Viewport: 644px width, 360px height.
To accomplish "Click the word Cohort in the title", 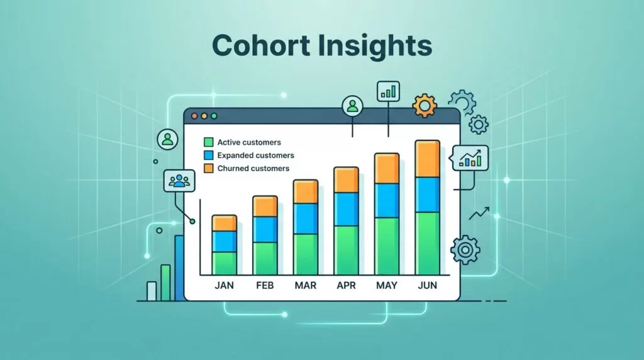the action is pyautogui.click(x=261, y=45).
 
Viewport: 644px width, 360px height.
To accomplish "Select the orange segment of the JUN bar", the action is pyautogui.click(x=427, y=159).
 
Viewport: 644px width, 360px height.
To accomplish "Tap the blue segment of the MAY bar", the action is pyautogui.click(x=387, y=201).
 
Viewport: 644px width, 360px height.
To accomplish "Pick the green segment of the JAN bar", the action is pyautogui.click(x=225, y=263).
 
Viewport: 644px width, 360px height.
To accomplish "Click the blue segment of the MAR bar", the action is pyautogui.click(x=305, y=218).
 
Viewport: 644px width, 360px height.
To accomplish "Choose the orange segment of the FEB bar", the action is pyautogui.click(x=265, y=206).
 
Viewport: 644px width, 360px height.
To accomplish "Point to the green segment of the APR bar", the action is pyautogui.click(x=346, y=250).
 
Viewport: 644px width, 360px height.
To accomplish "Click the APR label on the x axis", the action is pyautogui.click(x=346, y=285).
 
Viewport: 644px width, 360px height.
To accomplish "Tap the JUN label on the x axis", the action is pyautogui.click(x=427, y=285).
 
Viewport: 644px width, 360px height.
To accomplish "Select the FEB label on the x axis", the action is pyautogui.click(x=265, y=285).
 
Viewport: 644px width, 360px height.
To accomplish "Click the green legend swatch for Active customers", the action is pyautogui.click(x=209, y=142).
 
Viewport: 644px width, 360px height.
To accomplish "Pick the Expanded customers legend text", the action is pyautogui.click(x=255, y=155).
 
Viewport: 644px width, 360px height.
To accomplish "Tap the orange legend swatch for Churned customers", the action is pyautogui.click(x=209, y=168).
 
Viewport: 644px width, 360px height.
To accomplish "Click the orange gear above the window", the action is pyautogui.click(x=425, y=106).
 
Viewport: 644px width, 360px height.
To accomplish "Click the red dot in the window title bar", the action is pyautogui.click(x=195, y=116).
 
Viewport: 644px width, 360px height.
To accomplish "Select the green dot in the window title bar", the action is pyautogui.click(x=214, y=116).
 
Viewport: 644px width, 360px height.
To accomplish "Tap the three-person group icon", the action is pyautogui.click(x=179, y=181).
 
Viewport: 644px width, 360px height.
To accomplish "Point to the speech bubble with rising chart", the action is pyautogui.click(x=470, y=158).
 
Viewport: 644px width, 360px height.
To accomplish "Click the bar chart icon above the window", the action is pyautogui.click(x=388, y=91).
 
